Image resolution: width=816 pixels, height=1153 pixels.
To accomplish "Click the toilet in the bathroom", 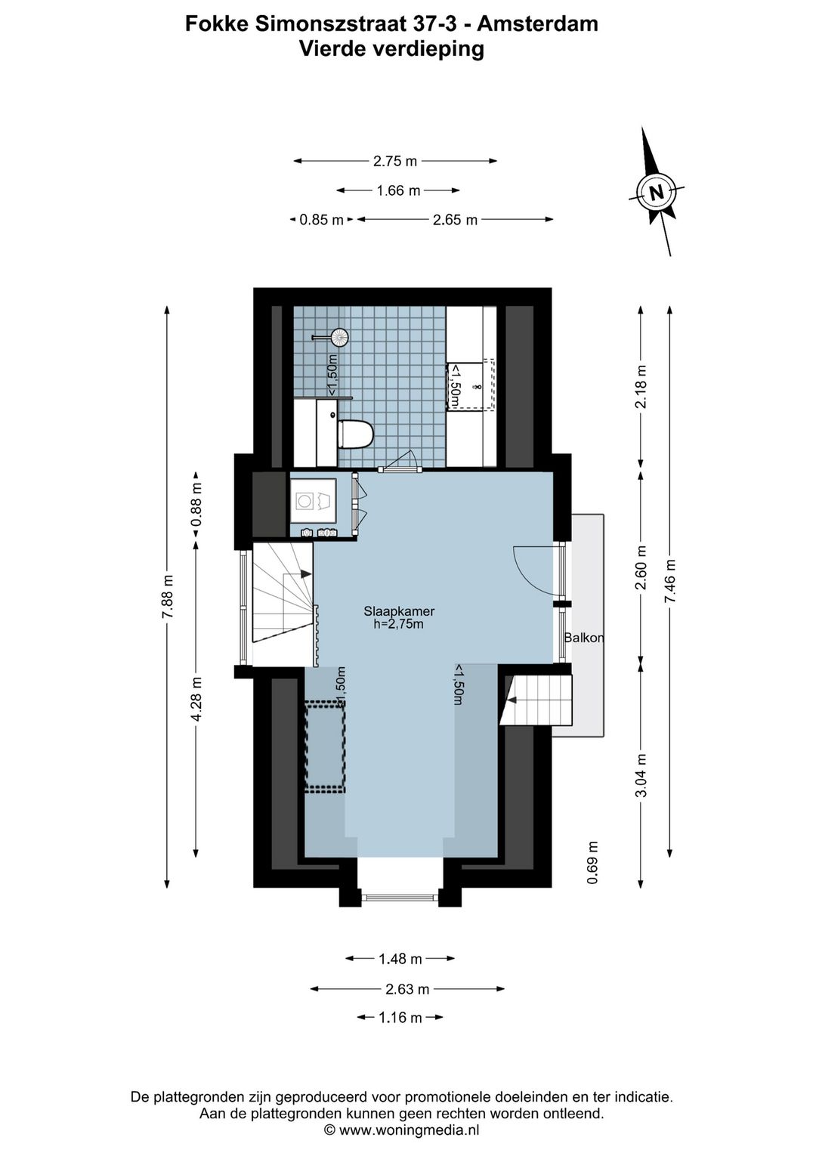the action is click(355, 434).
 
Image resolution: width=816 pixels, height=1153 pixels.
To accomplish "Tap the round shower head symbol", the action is click(340, 337).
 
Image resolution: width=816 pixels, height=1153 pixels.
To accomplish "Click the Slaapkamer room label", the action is click(399, 611).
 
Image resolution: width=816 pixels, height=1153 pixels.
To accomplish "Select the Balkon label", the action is click(584, 638).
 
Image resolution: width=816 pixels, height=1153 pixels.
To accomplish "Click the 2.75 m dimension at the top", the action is click(395, 161).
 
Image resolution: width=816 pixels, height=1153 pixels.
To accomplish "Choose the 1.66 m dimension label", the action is click(398, 191).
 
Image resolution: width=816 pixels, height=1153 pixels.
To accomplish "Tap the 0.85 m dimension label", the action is click(322, 221).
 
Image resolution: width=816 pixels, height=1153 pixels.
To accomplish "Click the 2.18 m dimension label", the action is click(641, 387).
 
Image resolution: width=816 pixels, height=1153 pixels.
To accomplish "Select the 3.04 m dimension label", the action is click(641, 775).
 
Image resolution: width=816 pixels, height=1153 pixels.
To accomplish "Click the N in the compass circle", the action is click(657, 193).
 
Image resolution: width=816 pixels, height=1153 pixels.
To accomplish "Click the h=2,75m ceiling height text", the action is click(399, 624).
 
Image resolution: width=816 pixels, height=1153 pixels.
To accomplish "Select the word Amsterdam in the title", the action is click(537, 24).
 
